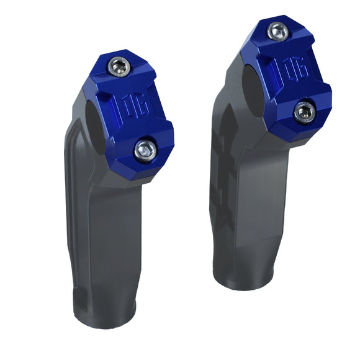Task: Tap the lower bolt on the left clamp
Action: (144, 148)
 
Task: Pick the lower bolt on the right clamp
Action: (304, 112)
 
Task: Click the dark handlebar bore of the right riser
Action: (248, 84)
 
